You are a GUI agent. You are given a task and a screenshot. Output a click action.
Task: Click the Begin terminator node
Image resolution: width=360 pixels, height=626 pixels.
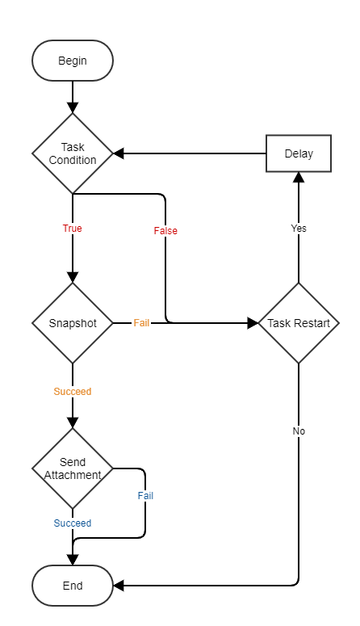[x=73, y=61]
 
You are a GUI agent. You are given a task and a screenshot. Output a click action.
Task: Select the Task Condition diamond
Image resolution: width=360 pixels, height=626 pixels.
[x=73, y=153]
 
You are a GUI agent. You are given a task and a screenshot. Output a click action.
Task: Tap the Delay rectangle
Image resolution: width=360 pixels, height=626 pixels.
[x=299, y=153]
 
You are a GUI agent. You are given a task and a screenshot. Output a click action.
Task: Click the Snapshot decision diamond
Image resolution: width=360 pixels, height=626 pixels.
[x=73, y=323]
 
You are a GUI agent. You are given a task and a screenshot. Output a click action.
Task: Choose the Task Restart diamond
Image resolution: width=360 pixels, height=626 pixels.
[x=299, y=323]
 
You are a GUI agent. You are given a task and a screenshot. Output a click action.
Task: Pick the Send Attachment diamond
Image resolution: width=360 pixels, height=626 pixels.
[x=73, y=468]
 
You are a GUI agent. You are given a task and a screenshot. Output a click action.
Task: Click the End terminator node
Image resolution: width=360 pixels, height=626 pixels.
[x=73, y=586]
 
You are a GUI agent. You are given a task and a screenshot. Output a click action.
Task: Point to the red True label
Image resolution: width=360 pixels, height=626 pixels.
[x=73, y=229]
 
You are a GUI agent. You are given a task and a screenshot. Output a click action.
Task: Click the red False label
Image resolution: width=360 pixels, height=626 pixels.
[x=165, y=231]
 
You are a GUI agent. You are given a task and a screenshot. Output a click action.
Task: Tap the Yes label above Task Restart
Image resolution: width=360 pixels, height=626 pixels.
[x=299, y=229]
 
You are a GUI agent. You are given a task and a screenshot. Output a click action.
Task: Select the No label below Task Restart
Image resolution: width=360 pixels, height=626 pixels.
[x=299, y=431]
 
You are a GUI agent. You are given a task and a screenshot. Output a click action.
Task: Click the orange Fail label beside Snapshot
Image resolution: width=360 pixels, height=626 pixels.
[x=141, y=323]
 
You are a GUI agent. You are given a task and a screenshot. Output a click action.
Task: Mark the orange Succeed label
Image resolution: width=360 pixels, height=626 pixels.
[x=73, y=392]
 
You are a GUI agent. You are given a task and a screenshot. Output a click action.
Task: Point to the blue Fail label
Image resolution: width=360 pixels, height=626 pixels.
[x=145, y=496]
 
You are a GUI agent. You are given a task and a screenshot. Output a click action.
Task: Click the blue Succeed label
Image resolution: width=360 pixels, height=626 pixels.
[x=73, y=523]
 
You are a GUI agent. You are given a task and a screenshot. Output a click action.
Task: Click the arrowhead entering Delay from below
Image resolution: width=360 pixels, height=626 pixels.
[x=299, y=179]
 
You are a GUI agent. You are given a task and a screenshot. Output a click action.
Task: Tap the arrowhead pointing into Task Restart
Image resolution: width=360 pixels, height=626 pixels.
[x=251, y=323]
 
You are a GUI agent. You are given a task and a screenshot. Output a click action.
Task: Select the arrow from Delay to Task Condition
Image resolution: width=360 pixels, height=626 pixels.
[x=194, y=153]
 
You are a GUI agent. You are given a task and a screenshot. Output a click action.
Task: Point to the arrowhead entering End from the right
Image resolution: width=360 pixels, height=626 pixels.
[x=119, y=586]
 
